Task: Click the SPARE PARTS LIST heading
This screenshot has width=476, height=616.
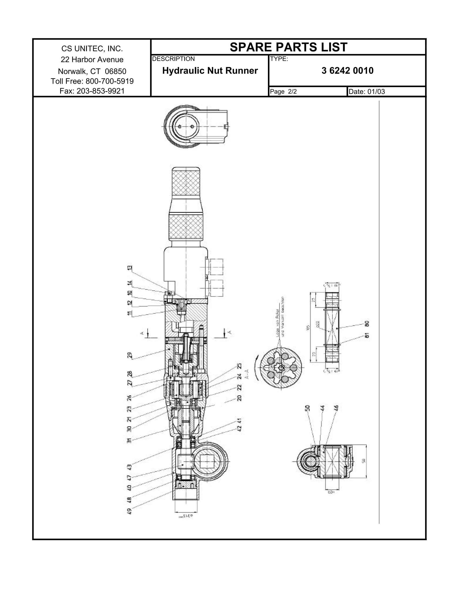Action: click(288, 47)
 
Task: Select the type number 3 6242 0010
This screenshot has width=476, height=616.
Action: click(347, 70)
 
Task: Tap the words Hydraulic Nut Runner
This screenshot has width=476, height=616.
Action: click(210, 70)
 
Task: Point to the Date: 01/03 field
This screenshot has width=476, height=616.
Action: click(367, 91)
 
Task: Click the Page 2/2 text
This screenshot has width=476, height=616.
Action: click(283, 91)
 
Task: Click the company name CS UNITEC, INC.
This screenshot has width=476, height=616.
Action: click(92, 49)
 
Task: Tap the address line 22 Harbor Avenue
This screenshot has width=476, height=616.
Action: click(92, 60)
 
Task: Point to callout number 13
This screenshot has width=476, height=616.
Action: click(129, 268)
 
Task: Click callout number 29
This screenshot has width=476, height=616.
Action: click(129, 355)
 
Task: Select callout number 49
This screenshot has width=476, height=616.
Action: click(129, 511)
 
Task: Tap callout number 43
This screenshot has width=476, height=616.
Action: click(129, 467)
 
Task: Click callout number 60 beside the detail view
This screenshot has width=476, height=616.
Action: click(367, 324)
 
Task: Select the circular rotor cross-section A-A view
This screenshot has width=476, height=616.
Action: click(281, 369)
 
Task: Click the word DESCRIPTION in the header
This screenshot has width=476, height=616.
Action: click(173, 59)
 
